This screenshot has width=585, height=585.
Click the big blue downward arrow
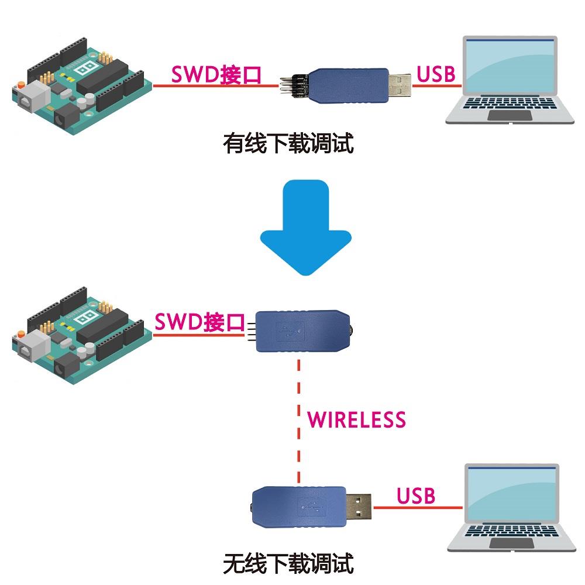click(x=305, y=228)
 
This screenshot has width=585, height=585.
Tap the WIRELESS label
click(x=356, y=419)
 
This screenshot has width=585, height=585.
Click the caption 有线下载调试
click(x=288, y=143)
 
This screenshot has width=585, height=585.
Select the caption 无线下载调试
click(x=288, y=564)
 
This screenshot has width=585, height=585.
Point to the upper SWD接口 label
click(x=215, y=75)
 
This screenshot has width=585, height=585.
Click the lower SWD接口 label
click(x=199, y=322)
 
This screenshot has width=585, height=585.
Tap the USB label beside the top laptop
click(x=436, y=74)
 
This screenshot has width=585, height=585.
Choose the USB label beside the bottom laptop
click(x=416, y=495)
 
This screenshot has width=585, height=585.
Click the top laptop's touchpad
click(x=510, y=115)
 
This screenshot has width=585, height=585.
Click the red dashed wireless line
click(x=300, y=421)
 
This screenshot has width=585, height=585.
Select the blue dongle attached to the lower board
click(x=301, y=331)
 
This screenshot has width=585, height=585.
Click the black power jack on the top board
click(x=66, y=120)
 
